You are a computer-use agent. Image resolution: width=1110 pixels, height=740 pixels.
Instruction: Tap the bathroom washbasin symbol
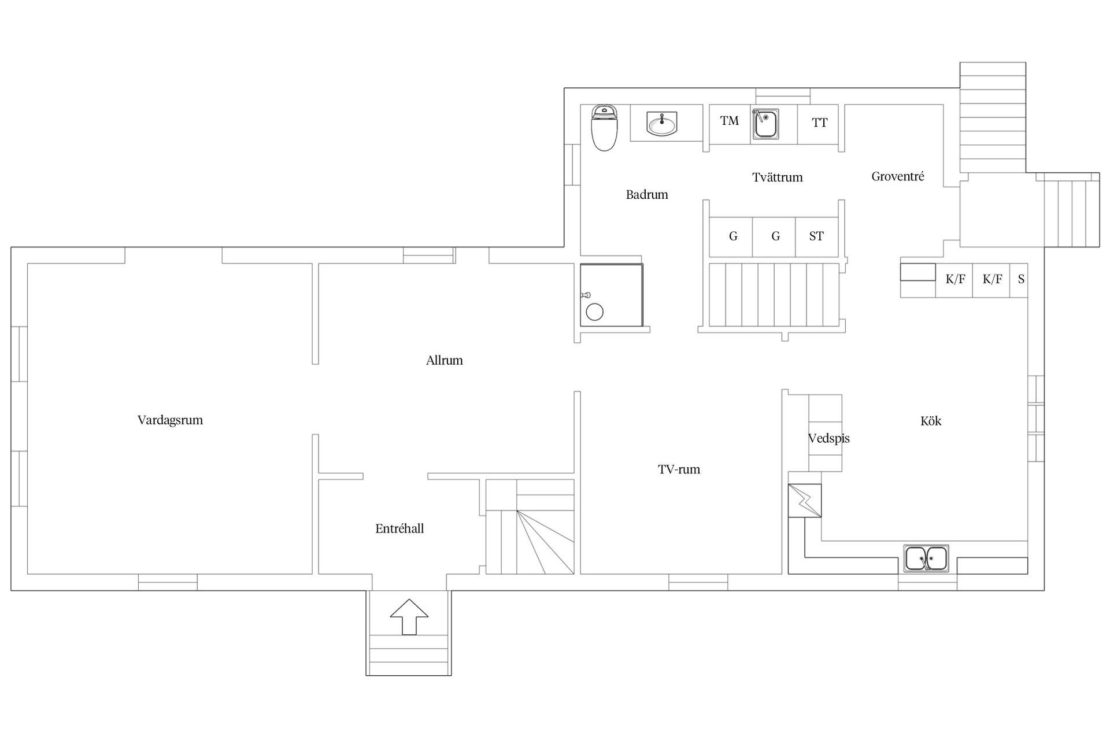662,123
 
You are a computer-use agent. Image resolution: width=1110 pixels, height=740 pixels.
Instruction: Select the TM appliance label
730,121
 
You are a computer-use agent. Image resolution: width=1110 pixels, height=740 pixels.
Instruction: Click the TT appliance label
819,123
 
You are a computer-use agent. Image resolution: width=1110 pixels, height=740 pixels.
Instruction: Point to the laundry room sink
765,124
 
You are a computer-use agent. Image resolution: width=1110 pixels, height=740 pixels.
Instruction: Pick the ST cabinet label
816,236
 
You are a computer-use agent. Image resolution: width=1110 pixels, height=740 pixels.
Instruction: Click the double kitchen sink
926,558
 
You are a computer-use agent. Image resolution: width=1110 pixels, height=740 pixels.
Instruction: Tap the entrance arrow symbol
409,617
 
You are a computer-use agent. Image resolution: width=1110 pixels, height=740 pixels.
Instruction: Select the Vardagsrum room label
170,420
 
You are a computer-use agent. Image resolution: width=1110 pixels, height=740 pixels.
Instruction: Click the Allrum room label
445,360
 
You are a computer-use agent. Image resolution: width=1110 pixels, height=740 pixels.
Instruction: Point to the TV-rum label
679,469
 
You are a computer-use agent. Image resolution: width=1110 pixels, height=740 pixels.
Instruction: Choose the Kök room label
931,421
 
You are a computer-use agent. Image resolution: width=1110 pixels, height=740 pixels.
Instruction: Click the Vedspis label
829,438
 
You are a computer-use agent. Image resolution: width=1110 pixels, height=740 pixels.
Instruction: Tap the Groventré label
898,176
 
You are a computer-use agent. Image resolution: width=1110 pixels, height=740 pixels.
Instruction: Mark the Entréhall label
399,528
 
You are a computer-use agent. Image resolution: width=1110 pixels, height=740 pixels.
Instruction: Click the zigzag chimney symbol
805,501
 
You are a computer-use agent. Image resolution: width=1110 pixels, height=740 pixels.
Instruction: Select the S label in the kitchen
1021,279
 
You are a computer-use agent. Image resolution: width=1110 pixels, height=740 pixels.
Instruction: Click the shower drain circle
594,312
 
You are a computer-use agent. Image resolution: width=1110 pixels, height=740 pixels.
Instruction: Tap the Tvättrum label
778,177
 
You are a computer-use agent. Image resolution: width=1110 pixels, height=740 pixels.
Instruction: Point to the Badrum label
647,195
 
